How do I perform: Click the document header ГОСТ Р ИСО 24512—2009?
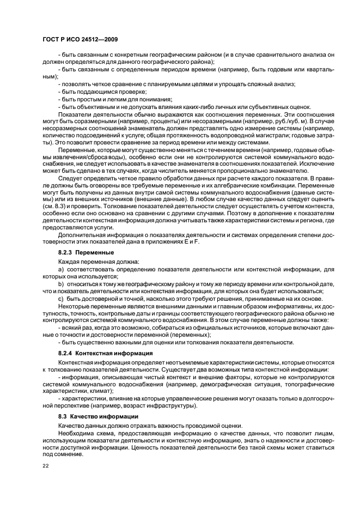click(79, 40)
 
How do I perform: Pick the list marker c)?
click(60, 298)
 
